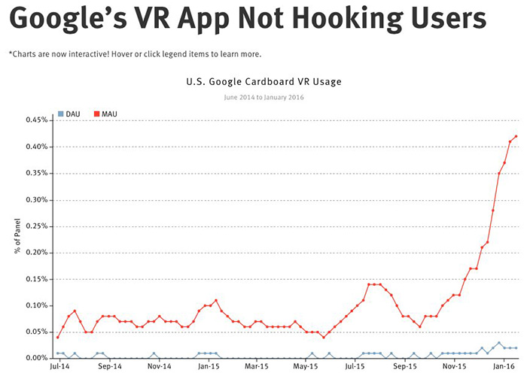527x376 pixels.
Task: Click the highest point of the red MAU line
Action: click(516, 136)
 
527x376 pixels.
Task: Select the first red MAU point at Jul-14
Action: click(57, 337)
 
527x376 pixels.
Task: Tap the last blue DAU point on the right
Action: click(516, 347)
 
